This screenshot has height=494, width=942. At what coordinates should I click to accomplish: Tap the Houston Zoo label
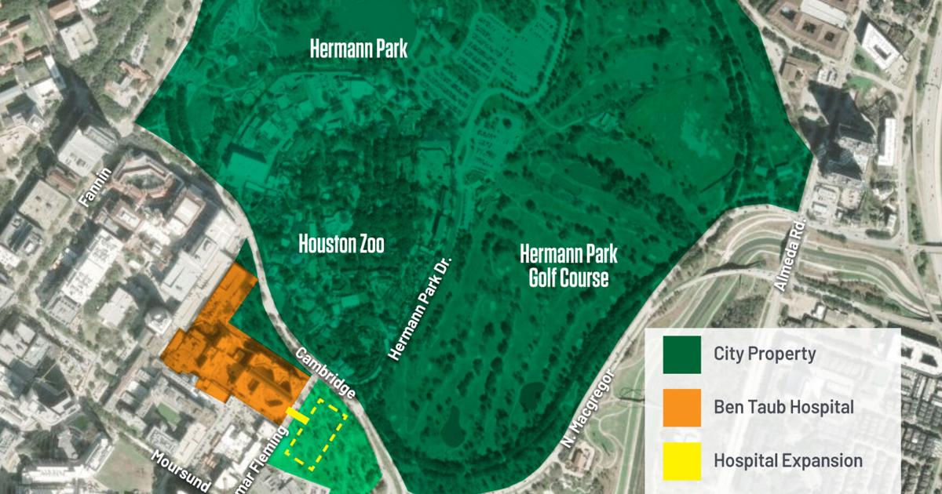coord(341,244)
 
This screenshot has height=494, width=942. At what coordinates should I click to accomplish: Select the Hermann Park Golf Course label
coord(568,265)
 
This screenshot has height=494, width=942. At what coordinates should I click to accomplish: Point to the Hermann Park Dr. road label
coord(422,307)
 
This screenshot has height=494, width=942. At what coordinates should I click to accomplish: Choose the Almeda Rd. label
coord(791,257)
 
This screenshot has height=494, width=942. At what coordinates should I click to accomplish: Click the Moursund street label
coord(180,470)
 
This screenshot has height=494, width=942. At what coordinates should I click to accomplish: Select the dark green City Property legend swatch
coord(681,354)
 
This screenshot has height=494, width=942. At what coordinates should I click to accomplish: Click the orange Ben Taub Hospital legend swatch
coord(681,408)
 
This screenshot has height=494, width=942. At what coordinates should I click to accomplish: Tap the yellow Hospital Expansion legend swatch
coord(681,461)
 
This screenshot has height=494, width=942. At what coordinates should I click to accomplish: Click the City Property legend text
coord(764,354)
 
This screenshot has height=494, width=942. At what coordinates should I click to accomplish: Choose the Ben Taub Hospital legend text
coord(783,408)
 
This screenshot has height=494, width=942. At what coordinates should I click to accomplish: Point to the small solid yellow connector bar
coord(297,416)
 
